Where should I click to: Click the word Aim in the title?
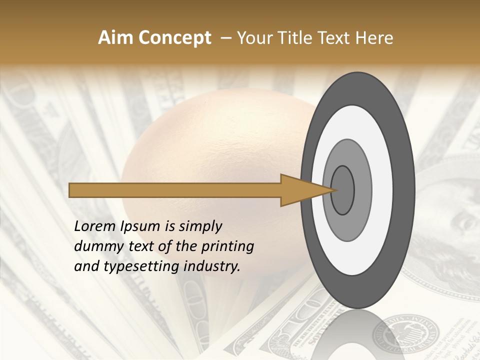pos(116,38)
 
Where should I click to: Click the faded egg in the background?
pos(210,165)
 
